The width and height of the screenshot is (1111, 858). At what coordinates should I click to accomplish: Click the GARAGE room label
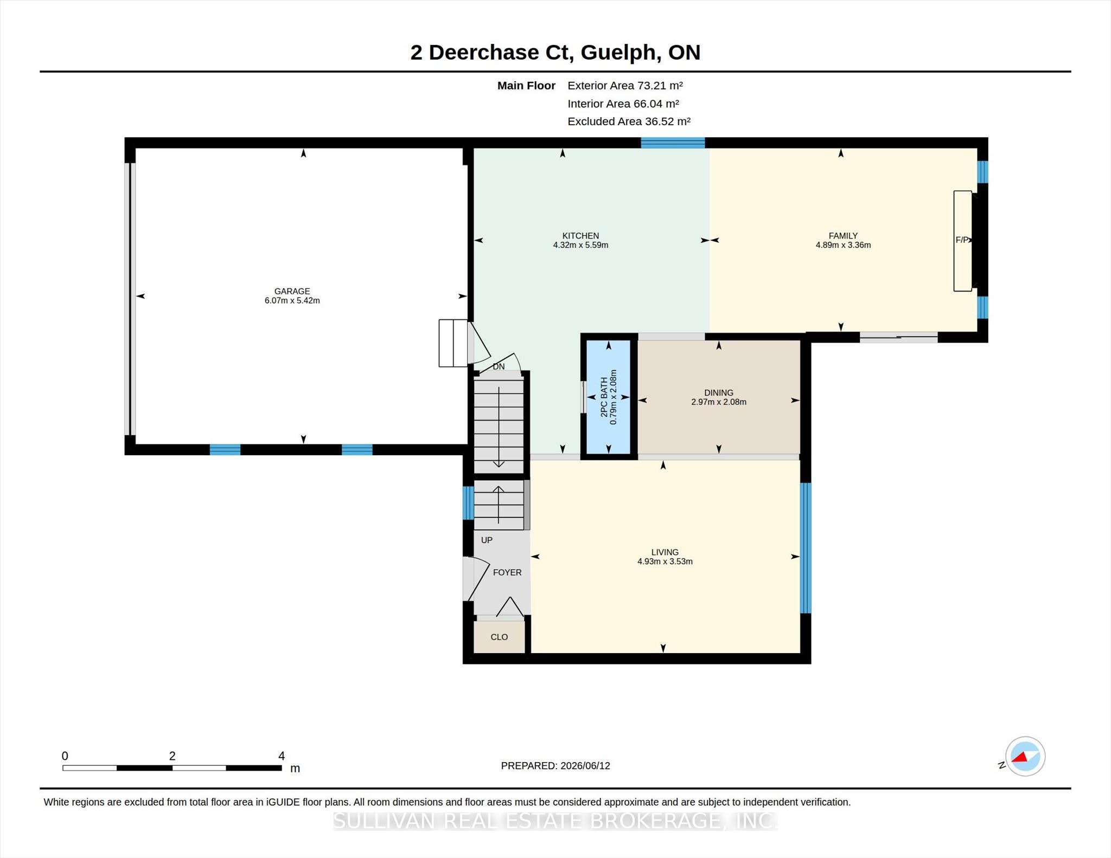coord(292,291)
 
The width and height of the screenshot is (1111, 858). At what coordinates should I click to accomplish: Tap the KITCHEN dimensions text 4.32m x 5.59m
coord(580,245)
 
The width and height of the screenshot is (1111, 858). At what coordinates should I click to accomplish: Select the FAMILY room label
coord(843,236)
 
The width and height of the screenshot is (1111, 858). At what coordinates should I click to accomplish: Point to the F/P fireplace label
coord(962,240)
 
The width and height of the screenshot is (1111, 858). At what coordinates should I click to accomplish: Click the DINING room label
coord(719,392)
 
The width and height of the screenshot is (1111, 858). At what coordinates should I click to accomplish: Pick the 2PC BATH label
coord(604,397)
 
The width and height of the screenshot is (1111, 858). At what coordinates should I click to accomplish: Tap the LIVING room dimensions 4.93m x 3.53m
coord(665,562)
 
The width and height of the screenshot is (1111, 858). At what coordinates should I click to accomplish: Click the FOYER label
coord(507,572)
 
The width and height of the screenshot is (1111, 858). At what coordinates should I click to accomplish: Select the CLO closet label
coord(499,637)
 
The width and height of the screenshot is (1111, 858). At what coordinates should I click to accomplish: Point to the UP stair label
coord(487,540)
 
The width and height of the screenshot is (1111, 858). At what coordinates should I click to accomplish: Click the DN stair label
coord(499,366)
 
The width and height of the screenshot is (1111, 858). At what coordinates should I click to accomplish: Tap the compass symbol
coord(1025,757)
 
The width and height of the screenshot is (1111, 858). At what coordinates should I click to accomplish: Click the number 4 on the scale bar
coord(282,756)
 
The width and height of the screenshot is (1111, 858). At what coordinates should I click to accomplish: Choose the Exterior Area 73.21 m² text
coord(625,86)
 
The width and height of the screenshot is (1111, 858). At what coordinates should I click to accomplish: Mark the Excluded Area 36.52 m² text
coord(629,121)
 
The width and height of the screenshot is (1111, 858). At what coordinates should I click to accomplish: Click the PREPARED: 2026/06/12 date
coord(555,766)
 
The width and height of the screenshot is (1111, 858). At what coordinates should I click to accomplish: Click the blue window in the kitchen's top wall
coord(673,143)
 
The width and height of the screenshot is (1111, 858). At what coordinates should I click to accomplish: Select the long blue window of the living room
coord(806,548)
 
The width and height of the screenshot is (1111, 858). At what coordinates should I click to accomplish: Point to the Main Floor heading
coord(526,86)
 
